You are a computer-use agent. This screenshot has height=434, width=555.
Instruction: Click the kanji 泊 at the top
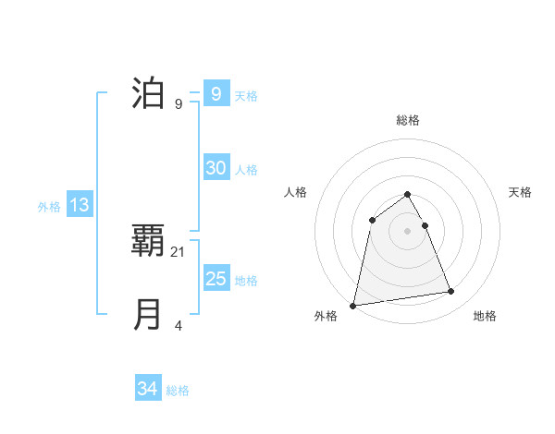click(149, 94)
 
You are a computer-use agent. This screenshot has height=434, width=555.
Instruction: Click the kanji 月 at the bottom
click(149, 315)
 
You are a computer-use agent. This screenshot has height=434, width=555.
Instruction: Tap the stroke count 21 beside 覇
click(179, 251)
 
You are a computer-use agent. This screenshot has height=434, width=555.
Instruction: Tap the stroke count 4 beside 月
click(179, 325)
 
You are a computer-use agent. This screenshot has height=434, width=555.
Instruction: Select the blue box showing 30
click(216, 168)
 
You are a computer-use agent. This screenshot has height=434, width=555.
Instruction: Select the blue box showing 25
click(216, 279)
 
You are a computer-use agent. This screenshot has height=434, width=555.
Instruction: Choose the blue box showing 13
click(80, 205)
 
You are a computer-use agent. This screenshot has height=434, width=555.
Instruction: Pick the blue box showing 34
click(147, 389)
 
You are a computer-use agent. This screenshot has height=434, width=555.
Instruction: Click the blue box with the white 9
click(216, 93)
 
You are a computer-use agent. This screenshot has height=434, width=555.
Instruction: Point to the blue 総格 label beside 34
click(178, 391)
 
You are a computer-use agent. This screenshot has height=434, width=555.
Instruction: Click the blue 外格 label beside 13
click(49, 207)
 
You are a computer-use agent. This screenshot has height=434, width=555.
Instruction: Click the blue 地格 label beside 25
click(246, 281)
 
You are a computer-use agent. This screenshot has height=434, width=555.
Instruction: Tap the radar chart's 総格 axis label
click(408, 120)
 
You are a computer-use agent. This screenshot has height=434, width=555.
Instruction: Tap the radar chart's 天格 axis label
click(521, 192)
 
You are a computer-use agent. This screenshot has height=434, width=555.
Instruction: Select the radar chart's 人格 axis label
click(295, 192)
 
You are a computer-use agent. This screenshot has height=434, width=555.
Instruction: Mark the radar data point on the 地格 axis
click(451, 292)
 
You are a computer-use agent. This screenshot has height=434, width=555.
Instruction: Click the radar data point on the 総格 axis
click(408, 194)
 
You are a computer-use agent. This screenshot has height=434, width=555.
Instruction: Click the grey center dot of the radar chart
click(408, 230)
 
